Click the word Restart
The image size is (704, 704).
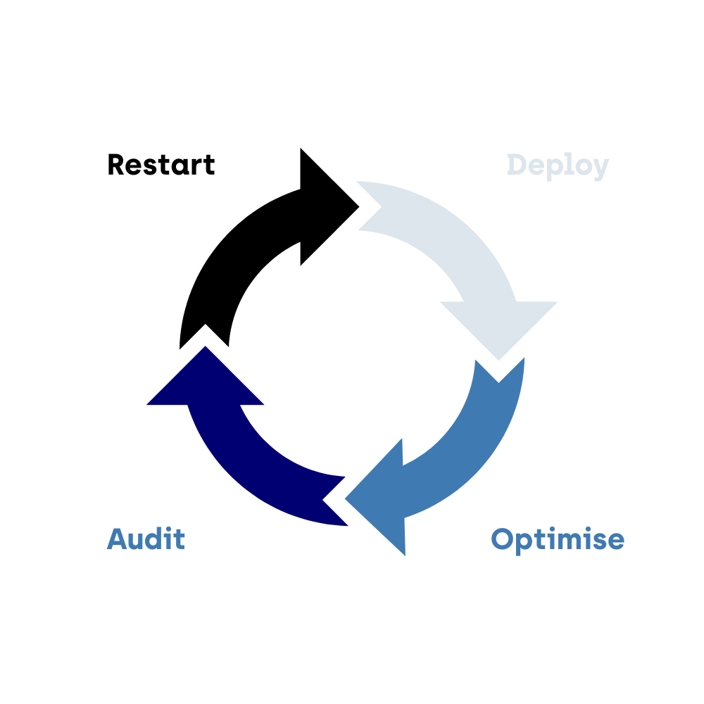(161, 165)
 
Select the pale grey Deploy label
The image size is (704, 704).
(558, 166)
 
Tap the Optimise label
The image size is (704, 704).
(558, 539)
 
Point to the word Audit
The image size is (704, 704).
(146, 539)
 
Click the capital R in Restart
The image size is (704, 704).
(116, 165)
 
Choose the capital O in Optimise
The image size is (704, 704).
(503, 539)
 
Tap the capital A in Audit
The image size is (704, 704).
(118, 539)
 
